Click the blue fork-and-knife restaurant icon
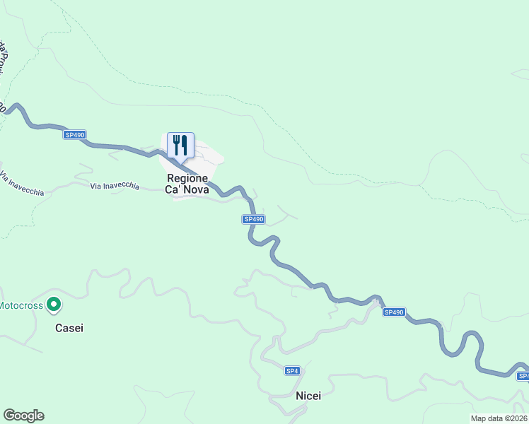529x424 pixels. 180,146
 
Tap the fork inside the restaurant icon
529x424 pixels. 175,145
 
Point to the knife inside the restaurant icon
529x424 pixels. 185,145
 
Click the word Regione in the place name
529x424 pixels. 187,179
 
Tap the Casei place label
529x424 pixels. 69,328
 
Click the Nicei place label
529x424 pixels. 308,396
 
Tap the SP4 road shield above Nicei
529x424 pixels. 293,371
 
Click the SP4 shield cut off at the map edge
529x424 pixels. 523,376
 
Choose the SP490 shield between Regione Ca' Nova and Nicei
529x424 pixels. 253,219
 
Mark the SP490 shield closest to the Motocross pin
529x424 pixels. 74,134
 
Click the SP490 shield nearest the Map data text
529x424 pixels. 394,312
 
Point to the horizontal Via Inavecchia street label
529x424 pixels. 115,187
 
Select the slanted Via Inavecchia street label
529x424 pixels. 22,183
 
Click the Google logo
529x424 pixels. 23,416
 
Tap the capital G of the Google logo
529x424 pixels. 8,415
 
